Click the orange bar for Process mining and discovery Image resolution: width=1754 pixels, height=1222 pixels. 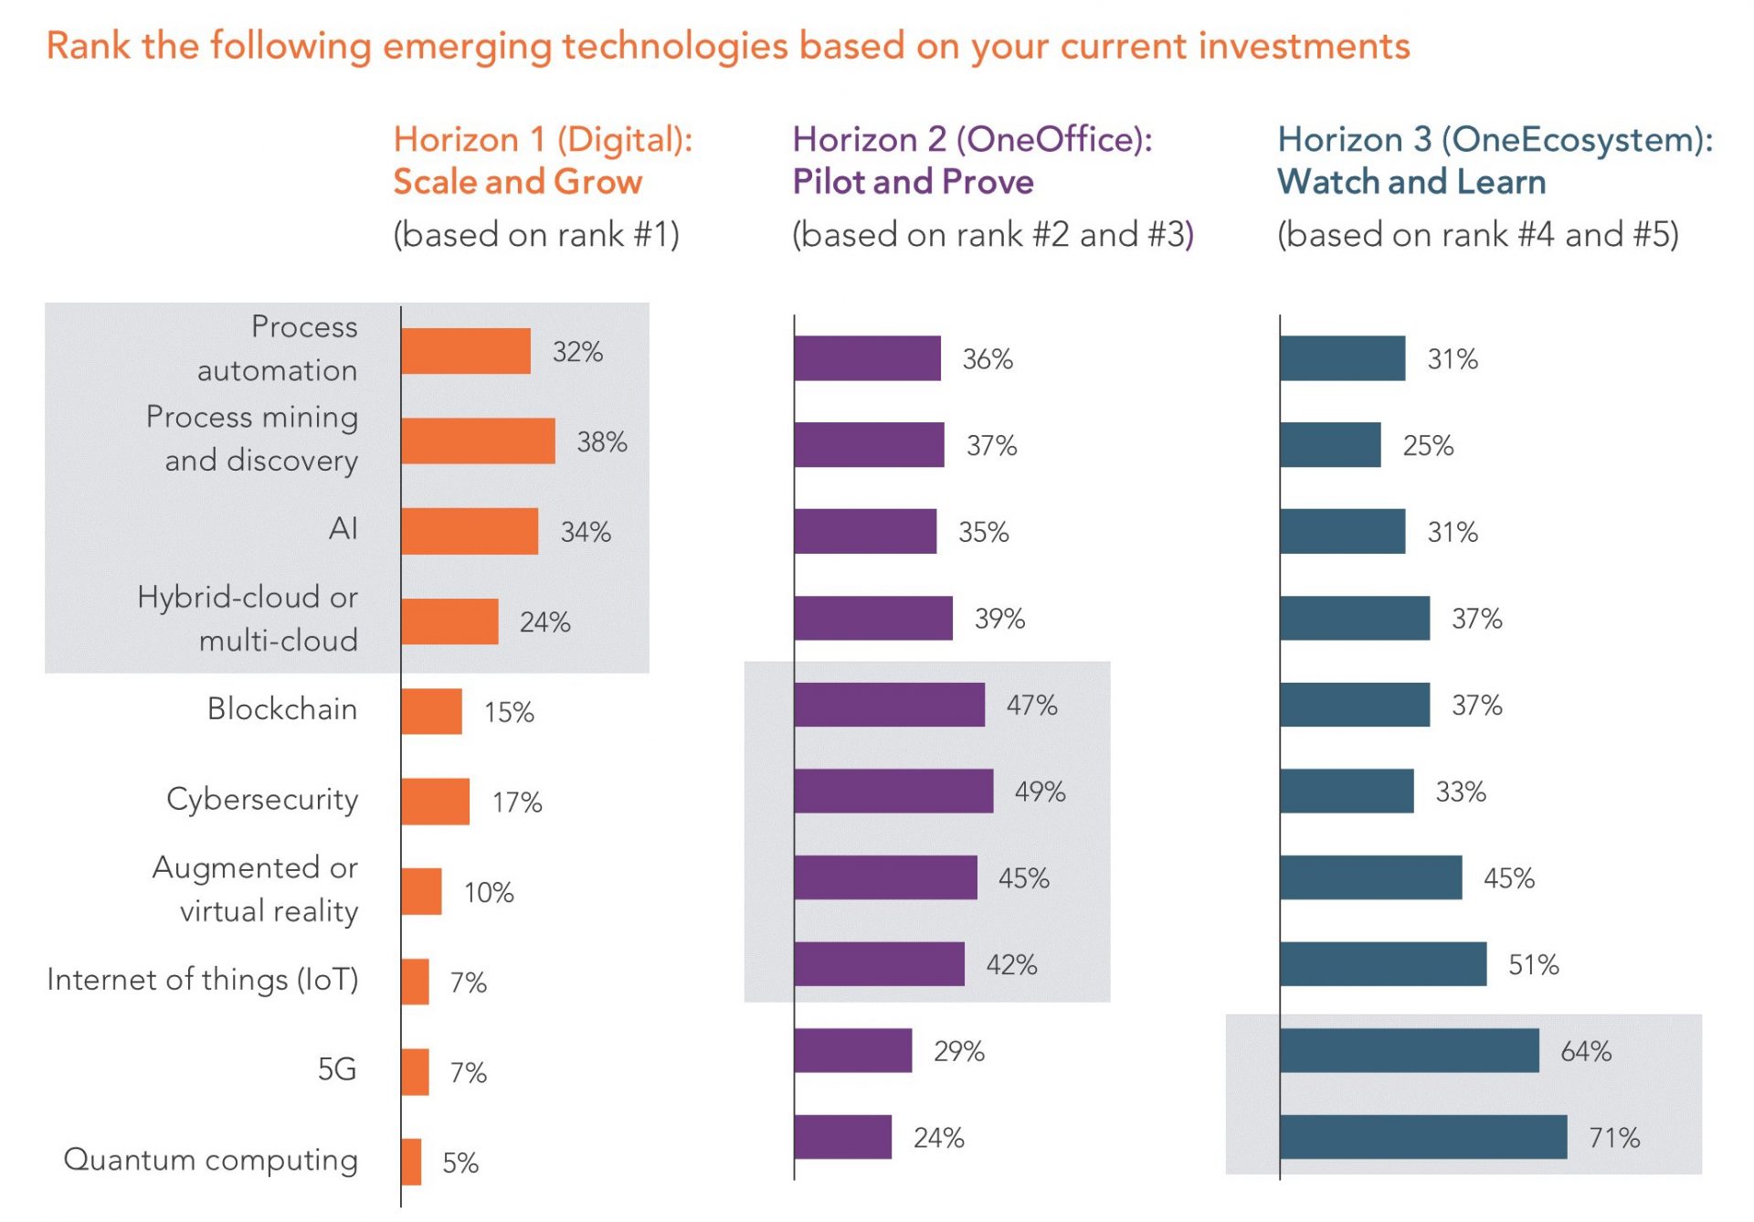(478, 441)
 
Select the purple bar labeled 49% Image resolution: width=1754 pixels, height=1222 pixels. (893, 792)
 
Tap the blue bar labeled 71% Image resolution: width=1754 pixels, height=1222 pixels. (1422, 1137)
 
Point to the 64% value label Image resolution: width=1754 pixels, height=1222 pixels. (1585, 1051)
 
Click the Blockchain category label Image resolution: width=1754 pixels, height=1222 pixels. (281, 709)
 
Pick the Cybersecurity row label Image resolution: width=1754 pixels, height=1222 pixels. (262, 799)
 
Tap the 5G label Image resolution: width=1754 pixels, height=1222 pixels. (336, 1069)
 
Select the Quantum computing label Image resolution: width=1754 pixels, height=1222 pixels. (210, 1159)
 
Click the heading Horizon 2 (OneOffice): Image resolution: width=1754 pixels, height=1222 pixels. (972, 139)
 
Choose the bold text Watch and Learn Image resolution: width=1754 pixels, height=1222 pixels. (1411, 182)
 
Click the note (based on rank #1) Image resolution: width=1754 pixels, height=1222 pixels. (536, 235)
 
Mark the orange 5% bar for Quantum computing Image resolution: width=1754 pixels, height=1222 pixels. (411, 1162)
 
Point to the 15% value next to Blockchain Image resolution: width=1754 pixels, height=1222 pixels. (509, 712)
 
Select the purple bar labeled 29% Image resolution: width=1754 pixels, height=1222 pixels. (852, 1051)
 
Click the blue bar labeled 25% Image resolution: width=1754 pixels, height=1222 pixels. (1329, 445)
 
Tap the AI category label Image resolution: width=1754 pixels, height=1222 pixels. (343, 528)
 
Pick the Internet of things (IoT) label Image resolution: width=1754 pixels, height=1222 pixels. (202, 980)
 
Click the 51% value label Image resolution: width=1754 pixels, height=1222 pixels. (1533, 964)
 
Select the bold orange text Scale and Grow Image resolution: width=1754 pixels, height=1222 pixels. (517, 182)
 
